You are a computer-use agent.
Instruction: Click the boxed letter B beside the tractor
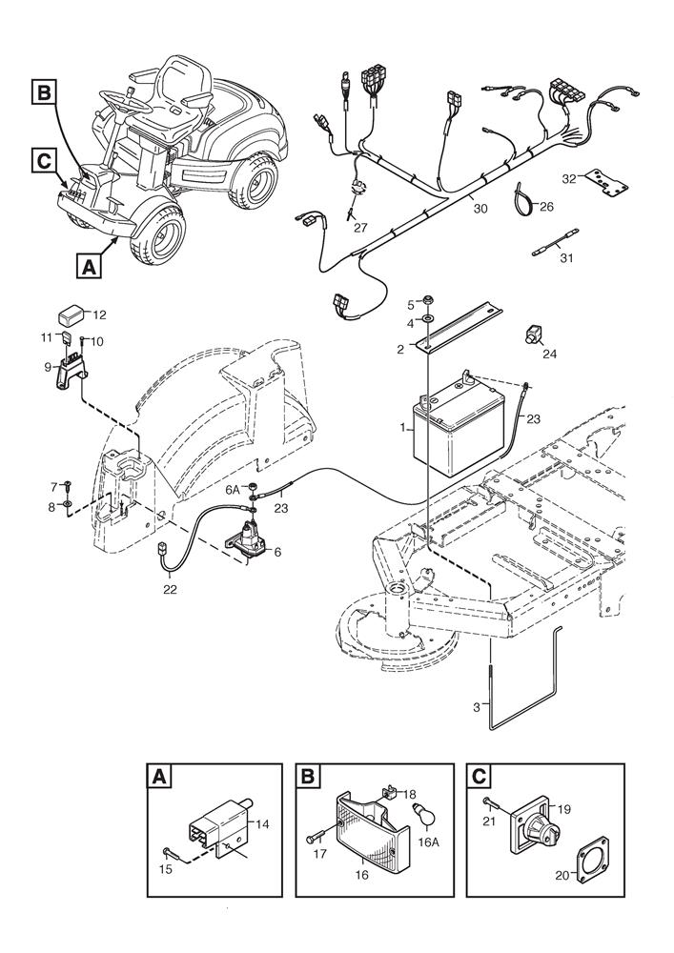[44, 92]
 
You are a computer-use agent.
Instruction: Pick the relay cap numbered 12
[71, 313]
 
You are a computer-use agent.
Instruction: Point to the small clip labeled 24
[531, 335]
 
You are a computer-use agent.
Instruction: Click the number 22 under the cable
[169, 588]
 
